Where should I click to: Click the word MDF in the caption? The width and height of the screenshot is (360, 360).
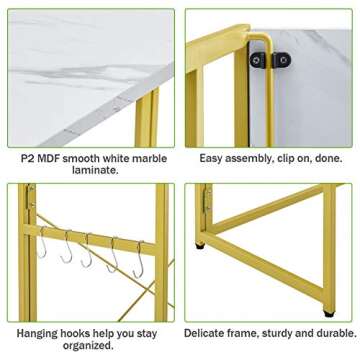(x=48, y=158)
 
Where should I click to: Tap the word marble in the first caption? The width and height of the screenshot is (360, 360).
(x=150, y=158)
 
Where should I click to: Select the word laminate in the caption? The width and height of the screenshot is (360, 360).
(x=94, y=170)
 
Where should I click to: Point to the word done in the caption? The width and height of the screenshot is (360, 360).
(x=328, y=158)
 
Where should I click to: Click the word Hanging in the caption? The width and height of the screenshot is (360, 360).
(x=37, y=334)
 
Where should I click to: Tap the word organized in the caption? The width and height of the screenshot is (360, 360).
(x=88, y=346)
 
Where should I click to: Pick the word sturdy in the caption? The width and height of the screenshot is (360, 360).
(x=276, y=333)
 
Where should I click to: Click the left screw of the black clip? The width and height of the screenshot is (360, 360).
(x=256, y=60)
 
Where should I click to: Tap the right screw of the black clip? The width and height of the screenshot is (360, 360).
(x=283, y=60)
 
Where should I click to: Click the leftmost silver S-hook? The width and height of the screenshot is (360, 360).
(x=42, y=242)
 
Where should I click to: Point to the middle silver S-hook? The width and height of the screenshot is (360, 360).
(x=87, y=250)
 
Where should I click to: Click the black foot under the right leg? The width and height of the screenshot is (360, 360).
(x=329, y=314)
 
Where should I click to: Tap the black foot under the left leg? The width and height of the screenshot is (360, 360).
(x=200, y=246)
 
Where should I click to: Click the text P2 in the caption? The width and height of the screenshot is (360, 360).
(x=28, y=158)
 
